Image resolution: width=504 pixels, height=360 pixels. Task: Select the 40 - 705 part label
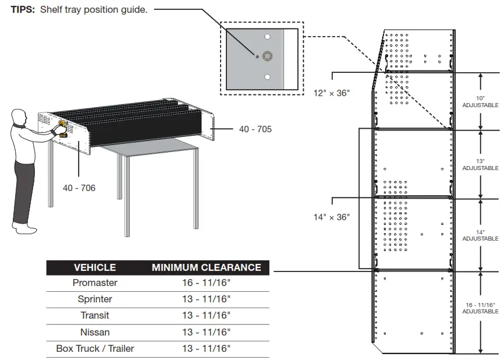point(255,129)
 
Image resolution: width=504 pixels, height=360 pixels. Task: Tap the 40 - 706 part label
point(79,188)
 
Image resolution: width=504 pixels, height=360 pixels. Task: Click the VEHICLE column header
point(95,267)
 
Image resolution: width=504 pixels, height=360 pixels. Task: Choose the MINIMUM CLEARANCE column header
point(206,267)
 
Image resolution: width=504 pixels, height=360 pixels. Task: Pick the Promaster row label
point(95,283)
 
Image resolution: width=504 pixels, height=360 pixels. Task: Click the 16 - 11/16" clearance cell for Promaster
point(206,283)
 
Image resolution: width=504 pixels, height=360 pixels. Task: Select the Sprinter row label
point(95,299)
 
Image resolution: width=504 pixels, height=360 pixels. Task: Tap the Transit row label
point(95,316)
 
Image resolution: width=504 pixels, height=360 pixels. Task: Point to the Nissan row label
point(95,332)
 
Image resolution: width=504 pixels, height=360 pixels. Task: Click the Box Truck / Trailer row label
point(95,348)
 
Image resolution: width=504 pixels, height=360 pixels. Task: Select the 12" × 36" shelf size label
point(332,93)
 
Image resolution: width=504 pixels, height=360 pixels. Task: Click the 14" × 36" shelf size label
point(332,217)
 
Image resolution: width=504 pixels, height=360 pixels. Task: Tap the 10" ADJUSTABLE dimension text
point(480,102)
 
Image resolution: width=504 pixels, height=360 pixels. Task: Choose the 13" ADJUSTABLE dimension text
point(480,164)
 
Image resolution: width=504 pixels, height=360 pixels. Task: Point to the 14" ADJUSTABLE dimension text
point(480,235)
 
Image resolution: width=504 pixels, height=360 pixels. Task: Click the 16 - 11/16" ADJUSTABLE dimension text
point(480,308)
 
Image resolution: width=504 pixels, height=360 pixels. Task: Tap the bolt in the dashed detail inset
point(268,56)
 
